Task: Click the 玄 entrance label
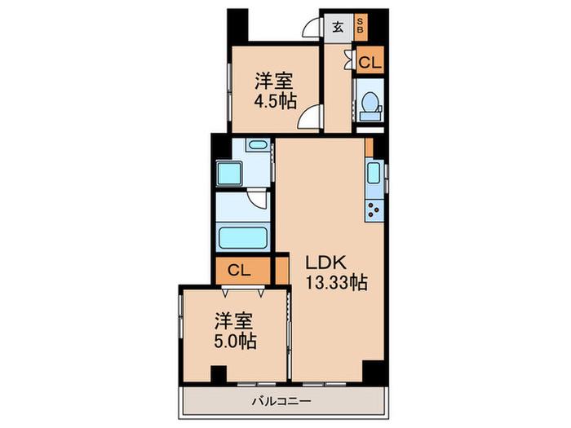pyautogui.click(x=339, y=28)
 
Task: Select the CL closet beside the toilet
pyautogui.click(x=370, y=60)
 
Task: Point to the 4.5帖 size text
pyautogui.click(x=275, y=101)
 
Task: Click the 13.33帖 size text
pyautogui.click(x=336, y=282)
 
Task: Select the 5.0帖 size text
pyautogui.click(x=235, y=341)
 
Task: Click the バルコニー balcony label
pyautogui.click(x=282, y=401)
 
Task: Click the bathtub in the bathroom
pyautogui.click(x=243, y=238)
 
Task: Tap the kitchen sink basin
pyautogui.click(x=374, y=173)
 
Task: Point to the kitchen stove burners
pyautogui.click(x=374, y=210)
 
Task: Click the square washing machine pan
pyautogui.click(x=229, y=173)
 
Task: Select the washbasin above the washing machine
pyautogui.click(x=258, y=145)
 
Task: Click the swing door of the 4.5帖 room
pyautogui.click(x=310, y=116)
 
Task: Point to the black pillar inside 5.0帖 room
pyautogui.click(x=219, y=374)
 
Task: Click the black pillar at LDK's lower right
pyautogui.click(x=374, y=371)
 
